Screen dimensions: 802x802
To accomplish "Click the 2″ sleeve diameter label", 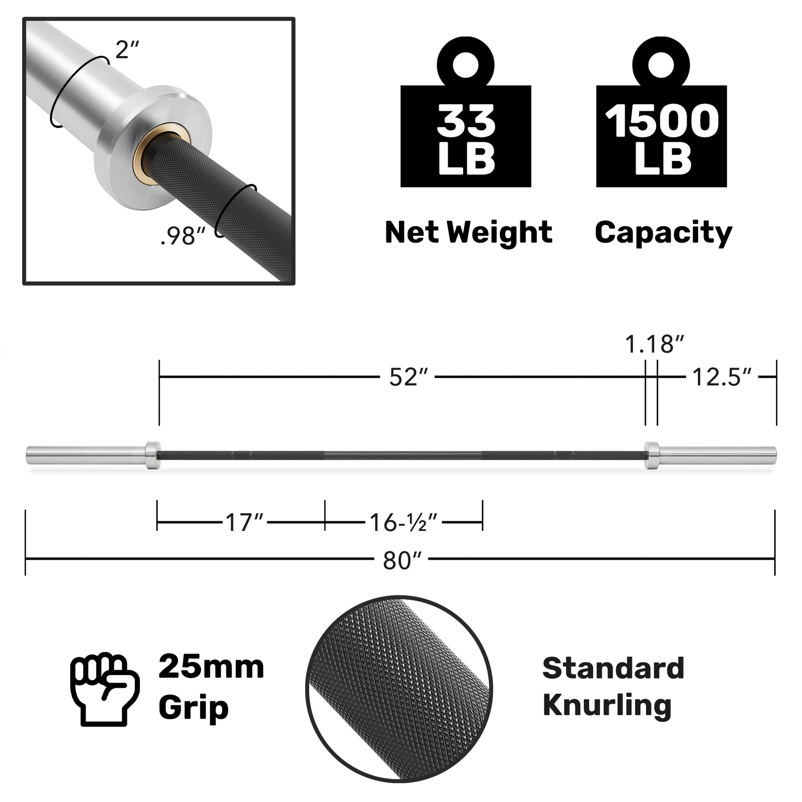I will tap(126, 49).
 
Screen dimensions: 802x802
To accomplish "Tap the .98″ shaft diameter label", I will tap(183, 236).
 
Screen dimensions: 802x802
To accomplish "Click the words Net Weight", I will tap(468, 233).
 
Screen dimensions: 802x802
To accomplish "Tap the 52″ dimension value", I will tap(409, 377).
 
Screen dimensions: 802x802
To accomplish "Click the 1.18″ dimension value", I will tap(654, 344).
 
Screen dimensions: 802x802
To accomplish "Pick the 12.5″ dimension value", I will tap(722, 377).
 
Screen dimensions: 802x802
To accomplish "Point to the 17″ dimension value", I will tap(244, 522).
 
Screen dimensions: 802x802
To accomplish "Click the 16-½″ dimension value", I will tap(404, 522).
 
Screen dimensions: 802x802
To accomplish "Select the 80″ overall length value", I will tap(402, 560).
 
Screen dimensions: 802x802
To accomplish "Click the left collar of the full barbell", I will tap(152, 455).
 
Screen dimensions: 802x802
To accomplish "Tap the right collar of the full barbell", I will tap(651, 455).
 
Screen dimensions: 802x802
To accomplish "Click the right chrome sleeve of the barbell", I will tap(717, 455).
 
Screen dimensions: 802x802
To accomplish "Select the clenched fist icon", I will tap(104, 689).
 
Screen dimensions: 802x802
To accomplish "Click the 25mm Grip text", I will tap(211, 687).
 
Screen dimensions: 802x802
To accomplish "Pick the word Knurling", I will tap(607, 706).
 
